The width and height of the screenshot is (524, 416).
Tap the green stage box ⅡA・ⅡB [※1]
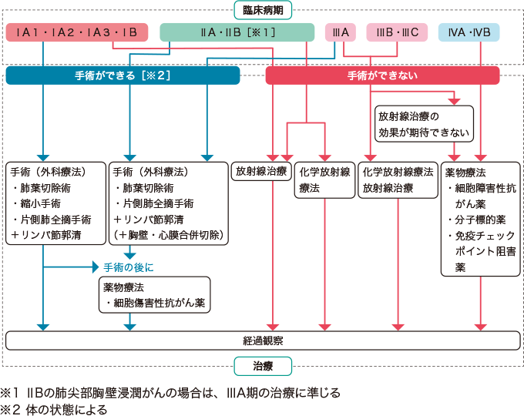[237, 32]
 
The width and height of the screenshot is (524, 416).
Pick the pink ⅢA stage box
[339, 32]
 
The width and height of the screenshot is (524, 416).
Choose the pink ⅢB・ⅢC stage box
[397, 32]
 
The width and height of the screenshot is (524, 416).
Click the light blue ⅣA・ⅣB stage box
[469, 32]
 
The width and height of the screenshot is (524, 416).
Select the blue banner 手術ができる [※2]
[123, 75]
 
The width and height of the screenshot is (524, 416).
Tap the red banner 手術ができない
[382, 75]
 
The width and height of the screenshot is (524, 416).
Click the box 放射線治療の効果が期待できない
[423, 125]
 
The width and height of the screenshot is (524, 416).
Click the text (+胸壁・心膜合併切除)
[169, 235]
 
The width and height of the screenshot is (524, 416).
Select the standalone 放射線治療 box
[260, 171]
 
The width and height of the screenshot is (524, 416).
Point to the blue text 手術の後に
[128, 267]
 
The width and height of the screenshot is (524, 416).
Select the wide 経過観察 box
[262, 340]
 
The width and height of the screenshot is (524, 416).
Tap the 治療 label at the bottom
[262, 364]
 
